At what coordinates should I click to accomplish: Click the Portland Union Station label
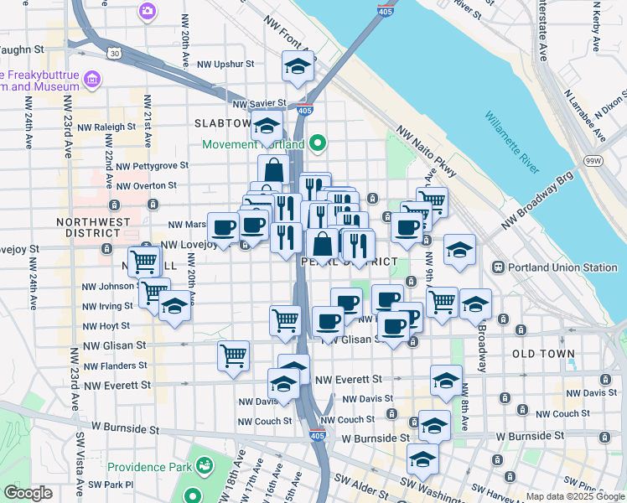(x=553, y=267)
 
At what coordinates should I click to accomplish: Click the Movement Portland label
(x=253, y=143)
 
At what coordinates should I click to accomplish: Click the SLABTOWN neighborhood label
(x=223, y=122)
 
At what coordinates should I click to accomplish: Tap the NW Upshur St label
(x=225, y=63)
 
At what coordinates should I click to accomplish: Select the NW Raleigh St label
(x=108, y=127)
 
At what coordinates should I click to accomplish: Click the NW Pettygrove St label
(x=153, y=166)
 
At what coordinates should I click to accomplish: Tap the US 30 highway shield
(x=112, y=53)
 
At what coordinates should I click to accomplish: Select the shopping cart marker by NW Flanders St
(x=233, y=355)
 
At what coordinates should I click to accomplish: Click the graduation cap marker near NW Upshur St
(x=298, y=68)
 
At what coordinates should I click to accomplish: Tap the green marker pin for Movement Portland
(x=317, y=143)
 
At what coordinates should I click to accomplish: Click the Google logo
(x=28, y=493)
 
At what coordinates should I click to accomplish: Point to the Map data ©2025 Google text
(x=575, y=496)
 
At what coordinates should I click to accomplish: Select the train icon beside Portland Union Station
(x=497, y=267)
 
